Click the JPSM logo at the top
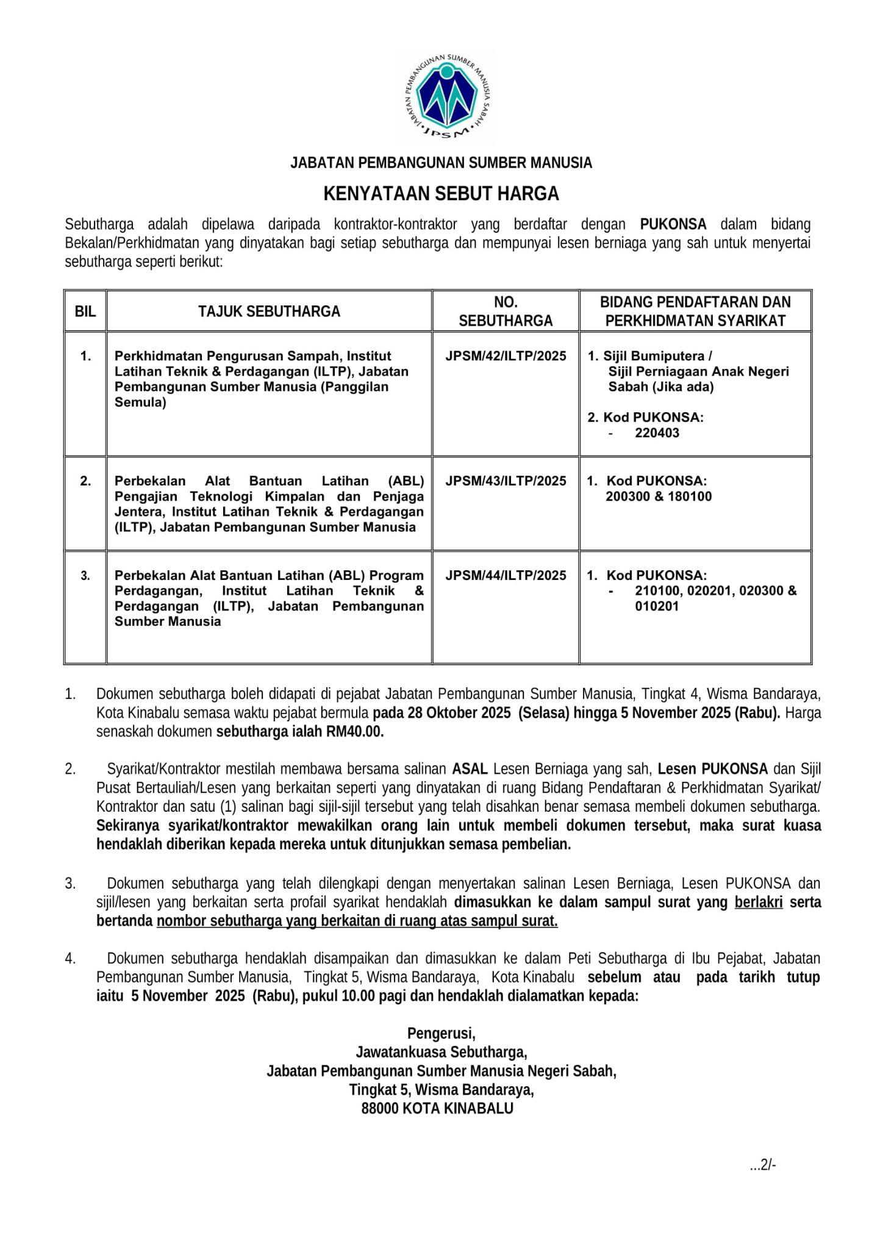(x=448, y=98)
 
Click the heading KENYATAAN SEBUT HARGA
(x=441, y=194)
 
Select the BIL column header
(x=85, y=312)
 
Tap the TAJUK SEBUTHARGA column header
(x=269, y=312)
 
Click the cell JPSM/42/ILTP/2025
(x=506, y=356)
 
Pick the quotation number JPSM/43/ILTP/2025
(x=506, y=481)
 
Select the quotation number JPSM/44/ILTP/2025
(x=506, y=576)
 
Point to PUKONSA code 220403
(x=657, y=433)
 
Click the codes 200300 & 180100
(x=659, y=496)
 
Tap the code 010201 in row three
(x=656, y=606)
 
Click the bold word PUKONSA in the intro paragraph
(x=673, y=224)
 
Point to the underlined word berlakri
(x=758, y=902)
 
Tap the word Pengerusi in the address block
(x=441, y=1034)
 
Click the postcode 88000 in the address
(x=381, y=1108)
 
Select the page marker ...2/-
(x=763, y=1165)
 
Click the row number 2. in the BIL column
(x=85, y=481)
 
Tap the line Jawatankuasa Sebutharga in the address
(x=441, y=1052)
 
